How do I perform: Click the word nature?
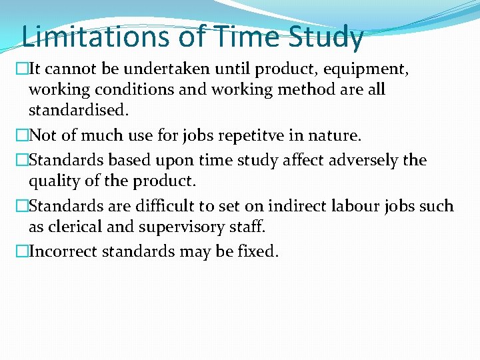click(x=336, y=137)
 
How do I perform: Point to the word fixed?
click(x=258, y=251)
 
